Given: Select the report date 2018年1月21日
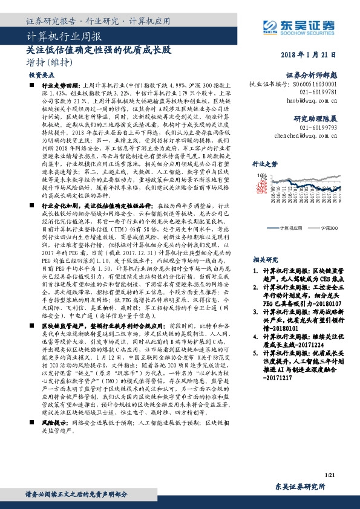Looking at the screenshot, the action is click(308, 54).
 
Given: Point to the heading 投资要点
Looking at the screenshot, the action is click(41, 76).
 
